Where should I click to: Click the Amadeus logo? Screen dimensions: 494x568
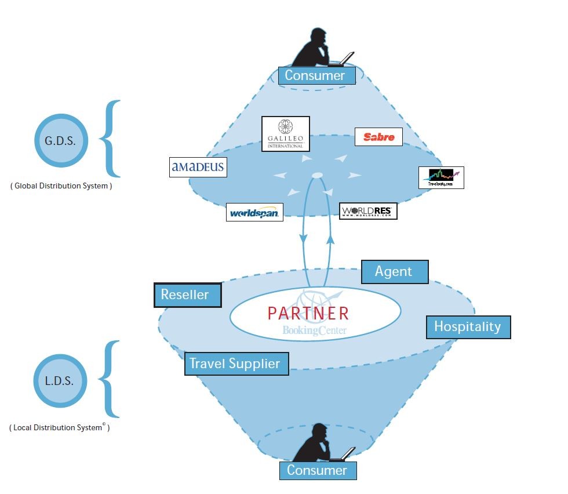(x=198, y=168)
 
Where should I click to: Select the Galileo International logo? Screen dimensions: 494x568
(x=285, y=134)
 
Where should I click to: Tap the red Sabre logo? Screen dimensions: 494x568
(x=378, y=137)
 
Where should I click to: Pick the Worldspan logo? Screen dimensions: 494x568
(x=254, y=212)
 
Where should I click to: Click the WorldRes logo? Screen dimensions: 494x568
(x=368, y=211)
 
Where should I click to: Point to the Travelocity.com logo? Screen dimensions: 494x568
(x=441, y=177)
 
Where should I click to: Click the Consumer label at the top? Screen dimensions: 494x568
(x=315, y=75)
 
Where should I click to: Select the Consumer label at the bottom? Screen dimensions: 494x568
(x=317, y=470)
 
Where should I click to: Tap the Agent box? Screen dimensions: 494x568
(x=394, y=271)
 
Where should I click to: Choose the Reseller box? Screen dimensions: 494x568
(x=187, y=295)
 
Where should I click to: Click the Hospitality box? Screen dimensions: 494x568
(x=468, y=326)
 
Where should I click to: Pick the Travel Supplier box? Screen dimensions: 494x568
(x=236, y=364)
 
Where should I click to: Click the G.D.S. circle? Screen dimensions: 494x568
(x=60, y=140)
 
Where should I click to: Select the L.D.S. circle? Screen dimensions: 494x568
(x=60, y=382)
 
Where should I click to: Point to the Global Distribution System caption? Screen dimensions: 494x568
(x=61, y=186)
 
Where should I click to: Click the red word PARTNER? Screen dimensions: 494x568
(x=308, y=313)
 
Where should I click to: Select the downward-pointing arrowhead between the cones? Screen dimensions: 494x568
(x=303, y=239)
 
